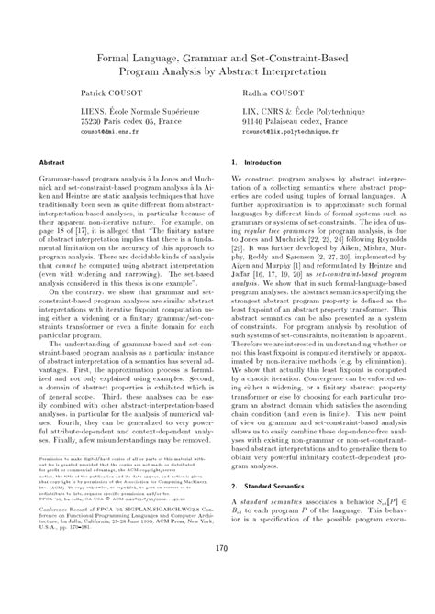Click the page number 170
pos(217,575)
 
